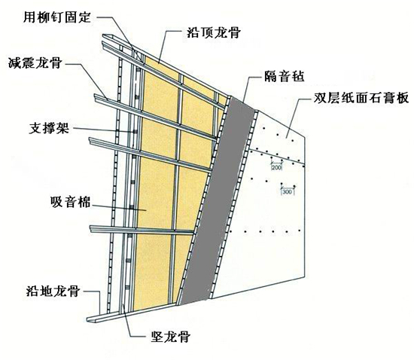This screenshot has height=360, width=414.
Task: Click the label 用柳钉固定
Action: pos(57,17)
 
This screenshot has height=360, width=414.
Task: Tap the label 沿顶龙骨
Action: pos(214,32)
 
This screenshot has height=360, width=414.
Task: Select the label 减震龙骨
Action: pos(35,63)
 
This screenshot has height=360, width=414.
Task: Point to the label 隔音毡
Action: pos(284,76)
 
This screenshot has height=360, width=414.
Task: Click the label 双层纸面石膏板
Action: pos(361,98)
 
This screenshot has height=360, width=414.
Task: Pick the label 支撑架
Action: pos(49,128)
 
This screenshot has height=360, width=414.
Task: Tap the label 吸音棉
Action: pos(70,202)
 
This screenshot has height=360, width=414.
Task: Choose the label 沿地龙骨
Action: pos(53,291)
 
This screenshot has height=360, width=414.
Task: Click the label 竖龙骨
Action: pos(171,336)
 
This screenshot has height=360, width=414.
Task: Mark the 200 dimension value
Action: pos(276,167)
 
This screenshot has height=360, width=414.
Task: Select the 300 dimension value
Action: pos(287,192)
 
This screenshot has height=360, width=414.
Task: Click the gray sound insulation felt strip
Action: pos(218,201)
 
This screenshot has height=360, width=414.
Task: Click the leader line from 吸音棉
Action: pos(119,207)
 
